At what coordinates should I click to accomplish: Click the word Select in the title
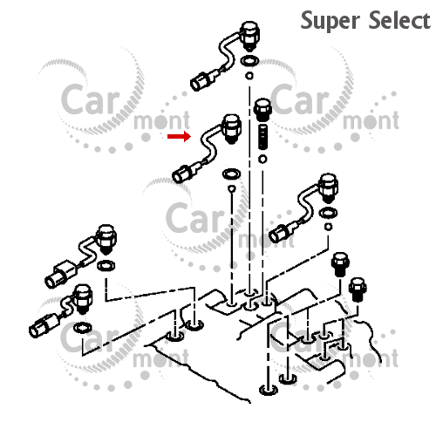(399, 20)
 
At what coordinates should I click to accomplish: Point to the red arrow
(179, 136)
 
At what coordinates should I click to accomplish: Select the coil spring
(262, 137)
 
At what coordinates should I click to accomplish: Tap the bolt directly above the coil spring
(262, 110)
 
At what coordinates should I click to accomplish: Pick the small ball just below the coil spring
(262, 159)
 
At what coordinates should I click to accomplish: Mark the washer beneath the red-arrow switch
(232, 174)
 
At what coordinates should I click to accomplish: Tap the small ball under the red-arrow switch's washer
(232, 189)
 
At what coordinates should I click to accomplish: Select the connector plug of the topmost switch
(199, 82)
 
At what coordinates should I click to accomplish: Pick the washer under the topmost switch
(249, 61)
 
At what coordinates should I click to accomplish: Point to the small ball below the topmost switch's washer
(249, 76)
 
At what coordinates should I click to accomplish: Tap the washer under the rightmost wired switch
(328, 213)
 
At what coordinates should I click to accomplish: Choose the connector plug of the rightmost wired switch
(278, 234)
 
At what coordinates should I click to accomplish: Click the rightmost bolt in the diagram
(358, 290)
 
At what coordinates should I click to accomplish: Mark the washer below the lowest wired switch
(83, 328)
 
